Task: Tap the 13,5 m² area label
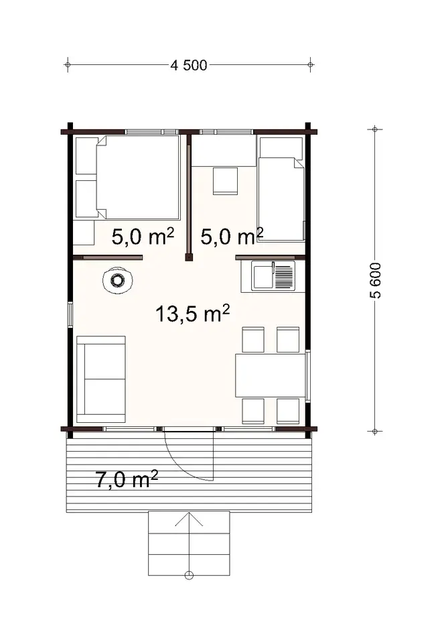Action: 193,313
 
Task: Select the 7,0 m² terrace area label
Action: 127,480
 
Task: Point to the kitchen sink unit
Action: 273,275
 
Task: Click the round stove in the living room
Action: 118,281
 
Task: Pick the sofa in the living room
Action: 101,379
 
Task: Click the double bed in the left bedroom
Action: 139,178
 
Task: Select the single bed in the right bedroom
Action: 280,189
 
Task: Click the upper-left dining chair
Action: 253,340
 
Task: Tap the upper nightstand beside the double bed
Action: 86,155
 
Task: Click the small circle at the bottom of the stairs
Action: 190,574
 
